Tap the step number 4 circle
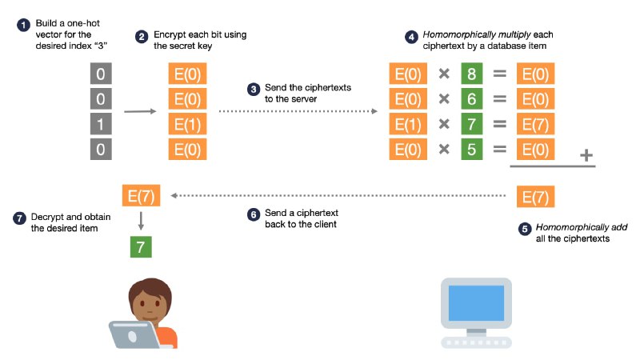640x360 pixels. tap(411, 36)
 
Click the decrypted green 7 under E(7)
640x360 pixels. tap(140, 246)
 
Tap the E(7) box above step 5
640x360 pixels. tap(536, 195)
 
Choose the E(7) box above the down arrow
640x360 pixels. tap(140, 195)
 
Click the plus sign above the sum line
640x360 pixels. tap(586, 155)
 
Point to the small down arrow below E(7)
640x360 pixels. tap(140, 221)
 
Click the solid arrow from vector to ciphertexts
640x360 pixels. tap(140, 111)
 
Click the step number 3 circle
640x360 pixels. tap(254, 88)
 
